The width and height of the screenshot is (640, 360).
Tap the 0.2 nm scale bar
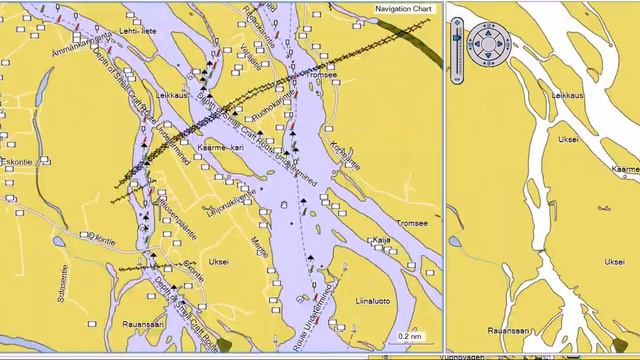pyautogui.click(x=410, y=336)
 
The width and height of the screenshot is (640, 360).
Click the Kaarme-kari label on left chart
pyautogui.click(x=221, y=148)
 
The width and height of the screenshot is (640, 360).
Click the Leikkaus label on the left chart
pyautogui.click(x=172, y=95)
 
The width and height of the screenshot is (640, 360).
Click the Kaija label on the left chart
pyautogui.click(x=381, y=240)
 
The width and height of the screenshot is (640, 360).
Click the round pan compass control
pyautogui.click(x=489, y=45)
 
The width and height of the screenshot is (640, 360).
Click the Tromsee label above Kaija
pyautogui.click(x=412, y=223)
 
